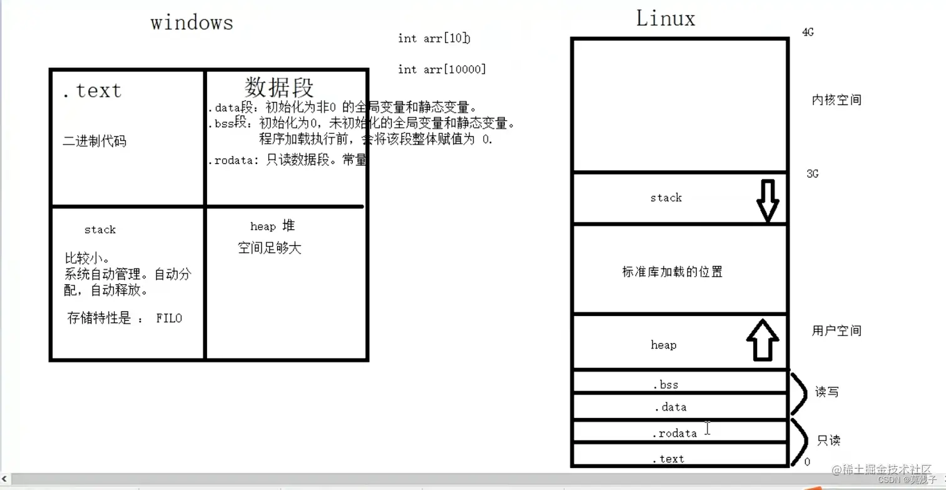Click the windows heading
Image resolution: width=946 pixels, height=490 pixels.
point(191,23)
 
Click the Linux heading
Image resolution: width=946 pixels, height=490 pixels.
point(665,19)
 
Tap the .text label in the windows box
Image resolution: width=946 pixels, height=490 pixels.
point(92,91)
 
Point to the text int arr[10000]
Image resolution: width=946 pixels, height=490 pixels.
point(442,69)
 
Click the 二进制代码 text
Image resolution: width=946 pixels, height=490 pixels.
point(94,141)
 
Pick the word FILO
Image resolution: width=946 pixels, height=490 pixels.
point(169,319)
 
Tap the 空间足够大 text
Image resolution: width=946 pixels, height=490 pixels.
point(270,248)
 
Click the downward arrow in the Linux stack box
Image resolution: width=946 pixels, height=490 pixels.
point(767,200)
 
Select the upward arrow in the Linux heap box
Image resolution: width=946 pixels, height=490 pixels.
point(762,340)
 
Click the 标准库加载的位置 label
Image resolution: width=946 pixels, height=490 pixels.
point(672,272)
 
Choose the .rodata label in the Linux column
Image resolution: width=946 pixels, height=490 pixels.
point(674,433)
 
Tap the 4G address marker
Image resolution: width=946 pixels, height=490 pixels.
point(808,33)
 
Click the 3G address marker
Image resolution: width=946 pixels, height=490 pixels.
point(812,174)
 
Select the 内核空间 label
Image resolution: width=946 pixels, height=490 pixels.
point(837,100)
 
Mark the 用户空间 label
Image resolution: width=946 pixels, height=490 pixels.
point(837,330)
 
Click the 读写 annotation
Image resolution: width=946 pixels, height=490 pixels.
point(826,392)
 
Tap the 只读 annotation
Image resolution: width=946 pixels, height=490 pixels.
point(828,441)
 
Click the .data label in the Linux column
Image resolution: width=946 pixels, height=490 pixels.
point(670,407)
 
